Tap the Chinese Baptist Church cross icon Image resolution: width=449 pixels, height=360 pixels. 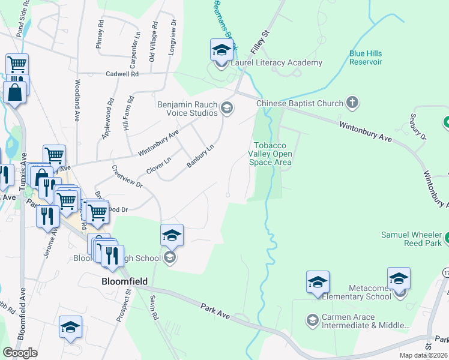point(352,103)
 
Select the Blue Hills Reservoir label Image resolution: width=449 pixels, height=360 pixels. point(366,58)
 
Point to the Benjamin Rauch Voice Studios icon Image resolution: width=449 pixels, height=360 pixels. point(226,108)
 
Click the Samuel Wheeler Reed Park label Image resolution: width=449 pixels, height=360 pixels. point(412,239)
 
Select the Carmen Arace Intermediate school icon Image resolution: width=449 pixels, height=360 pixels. point(312,320)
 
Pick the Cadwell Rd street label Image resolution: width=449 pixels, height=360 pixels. point(122,74)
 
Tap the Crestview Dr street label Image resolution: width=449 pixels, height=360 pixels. point(127,178)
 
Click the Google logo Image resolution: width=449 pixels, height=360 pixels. point(20,353)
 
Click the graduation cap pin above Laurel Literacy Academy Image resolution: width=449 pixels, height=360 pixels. point(221,50)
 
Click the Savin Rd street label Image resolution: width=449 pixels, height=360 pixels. point(154,307)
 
